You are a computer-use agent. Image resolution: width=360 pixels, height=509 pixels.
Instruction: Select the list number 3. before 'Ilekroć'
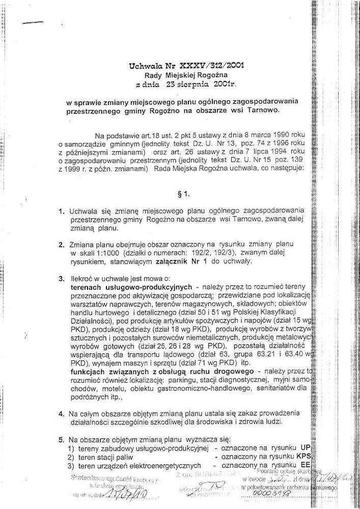point(61,280)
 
